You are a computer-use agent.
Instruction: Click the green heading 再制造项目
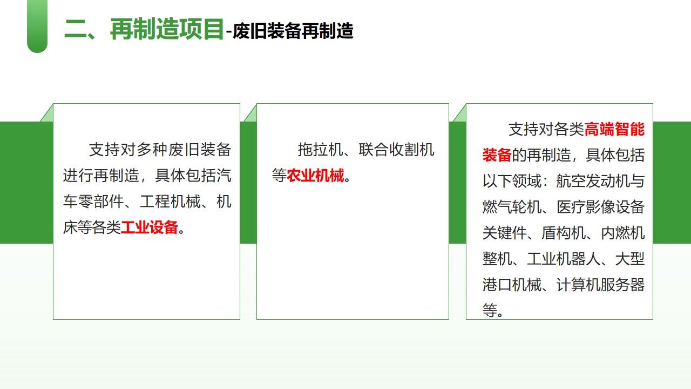pyautogui.click(x=167, y=29)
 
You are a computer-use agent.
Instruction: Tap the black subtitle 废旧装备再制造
pyautogui.click(x=293, y=31)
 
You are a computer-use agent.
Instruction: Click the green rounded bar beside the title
pyautogui.click(x=37, y=26)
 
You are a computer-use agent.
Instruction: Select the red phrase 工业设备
pyautogui.click(x=150, y=227)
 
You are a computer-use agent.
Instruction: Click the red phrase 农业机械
pyautogui.click(x=315, y=176)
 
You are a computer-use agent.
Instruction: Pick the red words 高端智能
pyautogui.click(x=614, y=129)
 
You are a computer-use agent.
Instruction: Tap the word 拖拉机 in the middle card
pyautogui.click(x=320, y=150)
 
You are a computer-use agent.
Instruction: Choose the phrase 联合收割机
pyautogui.click(x=396, y=150)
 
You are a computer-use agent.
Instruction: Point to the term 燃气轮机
pyautogui.click(x=512, y=207)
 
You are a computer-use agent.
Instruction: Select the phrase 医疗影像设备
pyautogui.click(x=601, y=207)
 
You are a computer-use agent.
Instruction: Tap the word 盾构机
pyautogui.click(x=563, y=233)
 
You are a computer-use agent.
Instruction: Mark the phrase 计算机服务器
pyautogui.click(x=601, y=285)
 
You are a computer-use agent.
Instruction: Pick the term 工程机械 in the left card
pyautogui.click(x=170, y=202)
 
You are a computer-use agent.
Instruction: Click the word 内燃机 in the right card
pyautogui.click(x=623, y=233)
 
